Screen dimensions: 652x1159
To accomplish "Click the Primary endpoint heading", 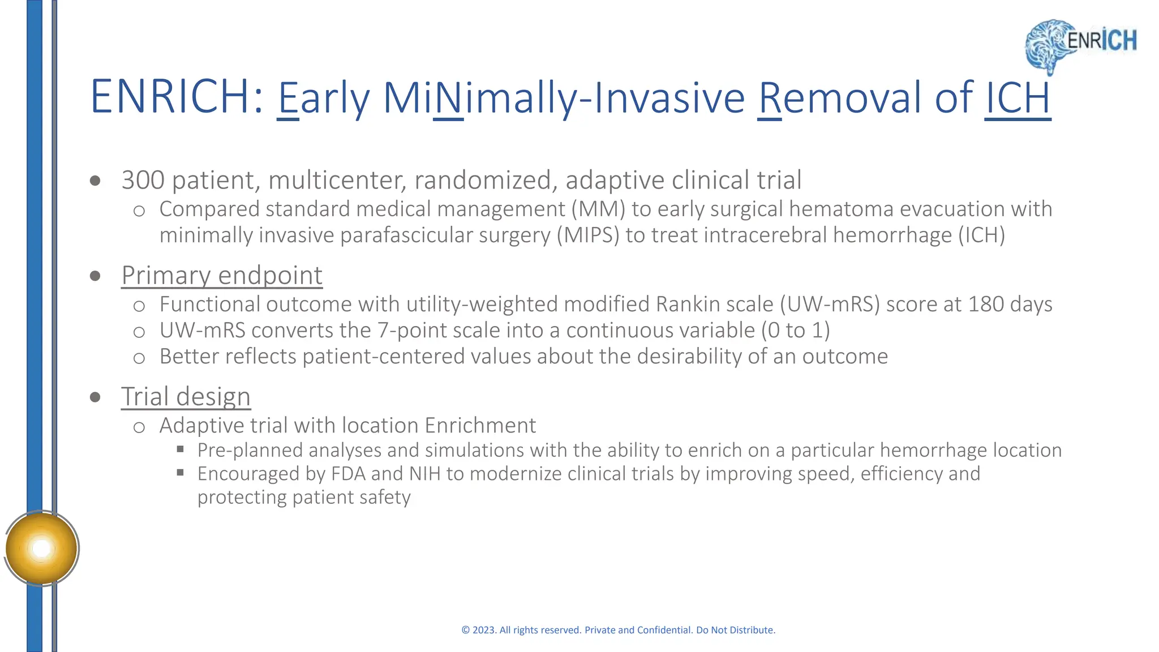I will tap(222, 276).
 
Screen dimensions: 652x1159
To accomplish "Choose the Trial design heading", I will tap(186, 396).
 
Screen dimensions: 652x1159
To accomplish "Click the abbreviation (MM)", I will tap(598, 209).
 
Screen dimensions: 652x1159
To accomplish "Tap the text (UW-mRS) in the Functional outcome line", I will tap(830, 304).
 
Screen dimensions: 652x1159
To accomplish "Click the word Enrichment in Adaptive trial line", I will tap(480, 426).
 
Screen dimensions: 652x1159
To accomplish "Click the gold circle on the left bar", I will tap(41, 548).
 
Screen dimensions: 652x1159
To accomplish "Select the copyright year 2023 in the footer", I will tap(484, 630).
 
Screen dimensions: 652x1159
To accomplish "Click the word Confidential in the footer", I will tap(664, 630).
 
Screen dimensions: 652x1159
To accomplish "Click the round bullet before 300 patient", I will tap(95, 181).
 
